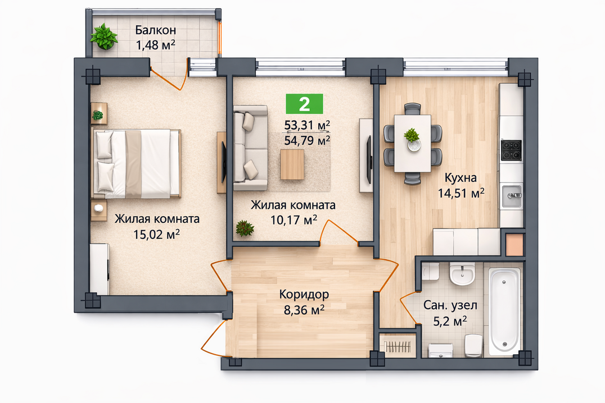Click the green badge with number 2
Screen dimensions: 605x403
click(304, 104)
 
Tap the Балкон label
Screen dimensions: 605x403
click(156, 30)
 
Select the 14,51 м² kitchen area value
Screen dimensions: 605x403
click(461, 193)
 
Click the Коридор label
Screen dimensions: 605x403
click(304, 294)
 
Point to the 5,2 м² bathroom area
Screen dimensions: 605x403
click(450, 320)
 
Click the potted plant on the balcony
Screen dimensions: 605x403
click(104, 36)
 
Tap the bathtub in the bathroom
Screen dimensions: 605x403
click(504, 311)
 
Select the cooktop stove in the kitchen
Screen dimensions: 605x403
click(511, 150)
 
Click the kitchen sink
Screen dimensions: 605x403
click(512, 195)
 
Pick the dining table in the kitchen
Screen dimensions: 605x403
click(413, 143)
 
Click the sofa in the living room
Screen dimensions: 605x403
click(250, 148)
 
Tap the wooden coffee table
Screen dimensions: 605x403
click(292, 164)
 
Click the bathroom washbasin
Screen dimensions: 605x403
click(462, 274)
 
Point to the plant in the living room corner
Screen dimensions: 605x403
click(245, 228)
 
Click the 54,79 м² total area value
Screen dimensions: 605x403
click(307, 140)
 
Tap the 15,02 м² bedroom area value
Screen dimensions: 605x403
click(157, 234)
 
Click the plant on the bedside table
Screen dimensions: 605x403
click(98, 115)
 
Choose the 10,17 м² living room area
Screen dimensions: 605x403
click(294, 220)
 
